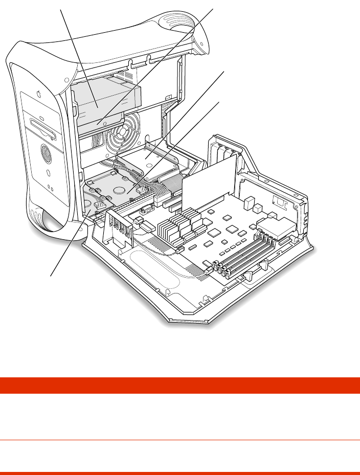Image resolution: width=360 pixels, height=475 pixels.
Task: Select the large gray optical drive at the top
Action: pyautogui.click(x=105, y=105)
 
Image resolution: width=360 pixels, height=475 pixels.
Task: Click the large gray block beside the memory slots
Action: pyautogui.click(x=279, y=225)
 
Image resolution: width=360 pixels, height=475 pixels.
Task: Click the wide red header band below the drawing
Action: pyautogui.click(x=180, y=385)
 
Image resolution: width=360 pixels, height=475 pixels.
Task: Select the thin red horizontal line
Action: pyautogui.click(x=180, y=440)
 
